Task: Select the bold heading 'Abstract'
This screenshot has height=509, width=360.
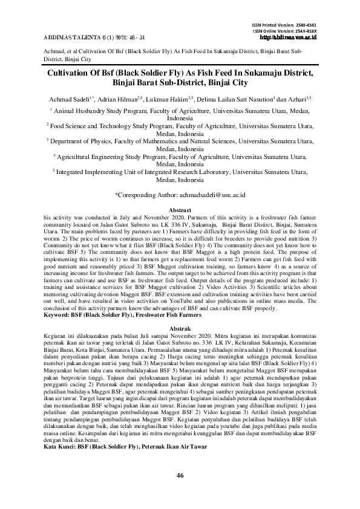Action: pyautogui.click(x=180, y=209)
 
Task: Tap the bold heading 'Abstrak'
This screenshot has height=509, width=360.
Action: pyautogui.click(x=180, y=327)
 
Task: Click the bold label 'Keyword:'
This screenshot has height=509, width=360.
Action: pyautogui.click(x=59, y=315)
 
